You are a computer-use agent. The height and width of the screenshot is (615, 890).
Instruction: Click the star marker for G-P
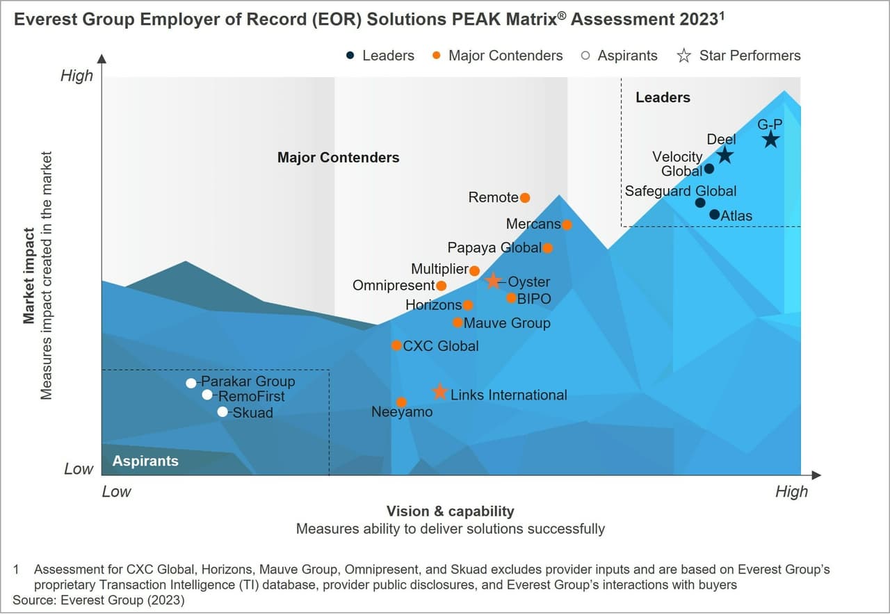(770, 140)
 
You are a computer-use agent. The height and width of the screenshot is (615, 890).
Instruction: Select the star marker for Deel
(725, 155)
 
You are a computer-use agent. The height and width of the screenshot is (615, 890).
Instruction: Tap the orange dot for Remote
(525, 198)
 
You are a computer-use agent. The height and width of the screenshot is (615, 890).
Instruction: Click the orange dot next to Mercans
(567, 224)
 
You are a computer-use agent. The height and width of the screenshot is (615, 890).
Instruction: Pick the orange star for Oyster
(493, 281)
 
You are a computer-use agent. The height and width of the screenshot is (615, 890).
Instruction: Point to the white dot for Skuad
(222, 411)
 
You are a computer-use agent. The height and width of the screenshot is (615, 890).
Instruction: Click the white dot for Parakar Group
(191, 383)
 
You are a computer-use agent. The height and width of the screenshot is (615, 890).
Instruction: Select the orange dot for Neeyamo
(401, 402)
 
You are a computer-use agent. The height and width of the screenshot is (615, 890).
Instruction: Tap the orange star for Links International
(439, 392)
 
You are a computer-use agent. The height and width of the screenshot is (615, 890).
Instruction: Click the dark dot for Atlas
(714, 214)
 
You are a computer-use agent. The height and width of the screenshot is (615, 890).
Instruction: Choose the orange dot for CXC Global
(396, 345)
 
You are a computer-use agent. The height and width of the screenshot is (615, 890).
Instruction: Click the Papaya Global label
(494, 248)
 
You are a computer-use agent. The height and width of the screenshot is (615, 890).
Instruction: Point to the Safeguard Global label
(680, 191)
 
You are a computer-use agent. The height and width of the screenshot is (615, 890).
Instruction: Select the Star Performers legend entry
(740, 56)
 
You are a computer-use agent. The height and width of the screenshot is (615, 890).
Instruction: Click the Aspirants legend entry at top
(620, 56)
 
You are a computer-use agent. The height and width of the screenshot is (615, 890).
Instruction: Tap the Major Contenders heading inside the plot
(338, 158)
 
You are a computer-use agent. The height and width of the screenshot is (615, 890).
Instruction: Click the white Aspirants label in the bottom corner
(145, 461)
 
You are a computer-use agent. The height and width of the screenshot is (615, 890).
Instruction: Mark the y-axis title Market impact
(29, 276)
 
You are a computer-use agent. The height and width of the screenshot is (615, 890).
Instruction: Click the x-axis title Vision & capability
(450, 511)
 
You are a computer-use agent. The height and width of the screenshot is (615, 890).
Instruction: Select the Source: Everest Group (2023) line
(99, 599)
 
